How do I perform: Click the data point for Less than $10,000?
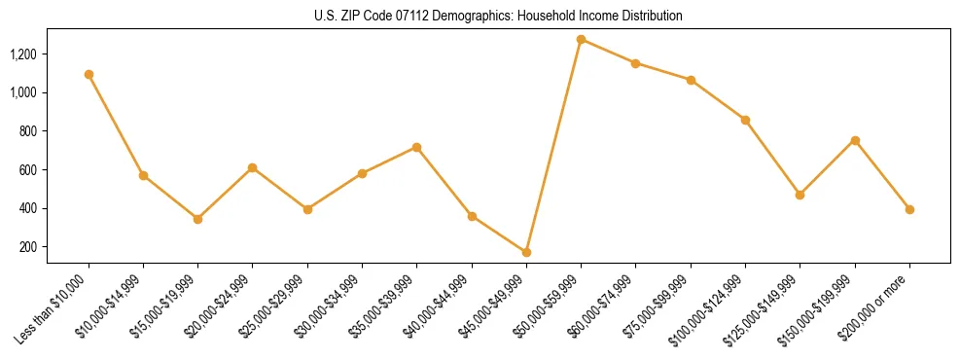click(x=89, y=74)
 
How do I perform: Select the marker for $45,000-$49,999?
click(x=526, y=252)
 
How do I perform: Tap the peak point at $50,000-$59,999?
click(x=581, y=39)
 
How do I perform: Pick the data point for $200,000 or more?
click(x=909, y=209)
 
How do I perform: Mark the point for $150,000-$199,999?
click(x=855, y=140)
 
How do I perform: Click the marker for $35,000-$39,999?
click(x=416, y=147)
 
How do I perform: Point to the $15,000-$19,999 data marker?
click(x=197, y=219)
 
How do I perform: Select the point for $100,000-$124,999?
click(x=745, y=120)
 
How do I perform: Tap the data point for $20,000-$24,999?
click(x=252, y=167)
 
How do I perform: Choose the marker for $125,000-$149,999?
click(x=800, y=195)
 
